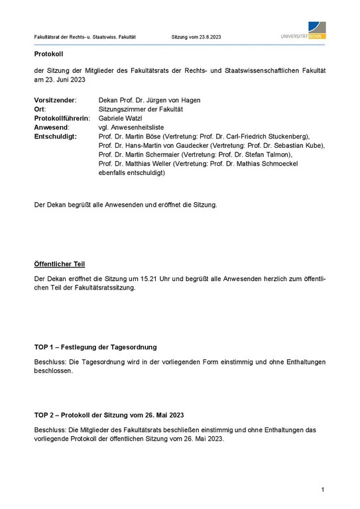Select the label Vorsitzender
55,100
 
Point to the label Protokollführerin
61,118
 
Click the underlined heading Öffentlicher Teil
59,264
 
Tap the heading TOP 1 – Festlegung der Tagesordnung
95,347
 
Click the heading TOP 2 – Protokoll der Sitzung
109,415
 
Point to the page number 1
322,490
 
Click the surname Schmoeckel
298,164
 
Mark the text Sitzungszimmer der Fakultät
140,109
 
